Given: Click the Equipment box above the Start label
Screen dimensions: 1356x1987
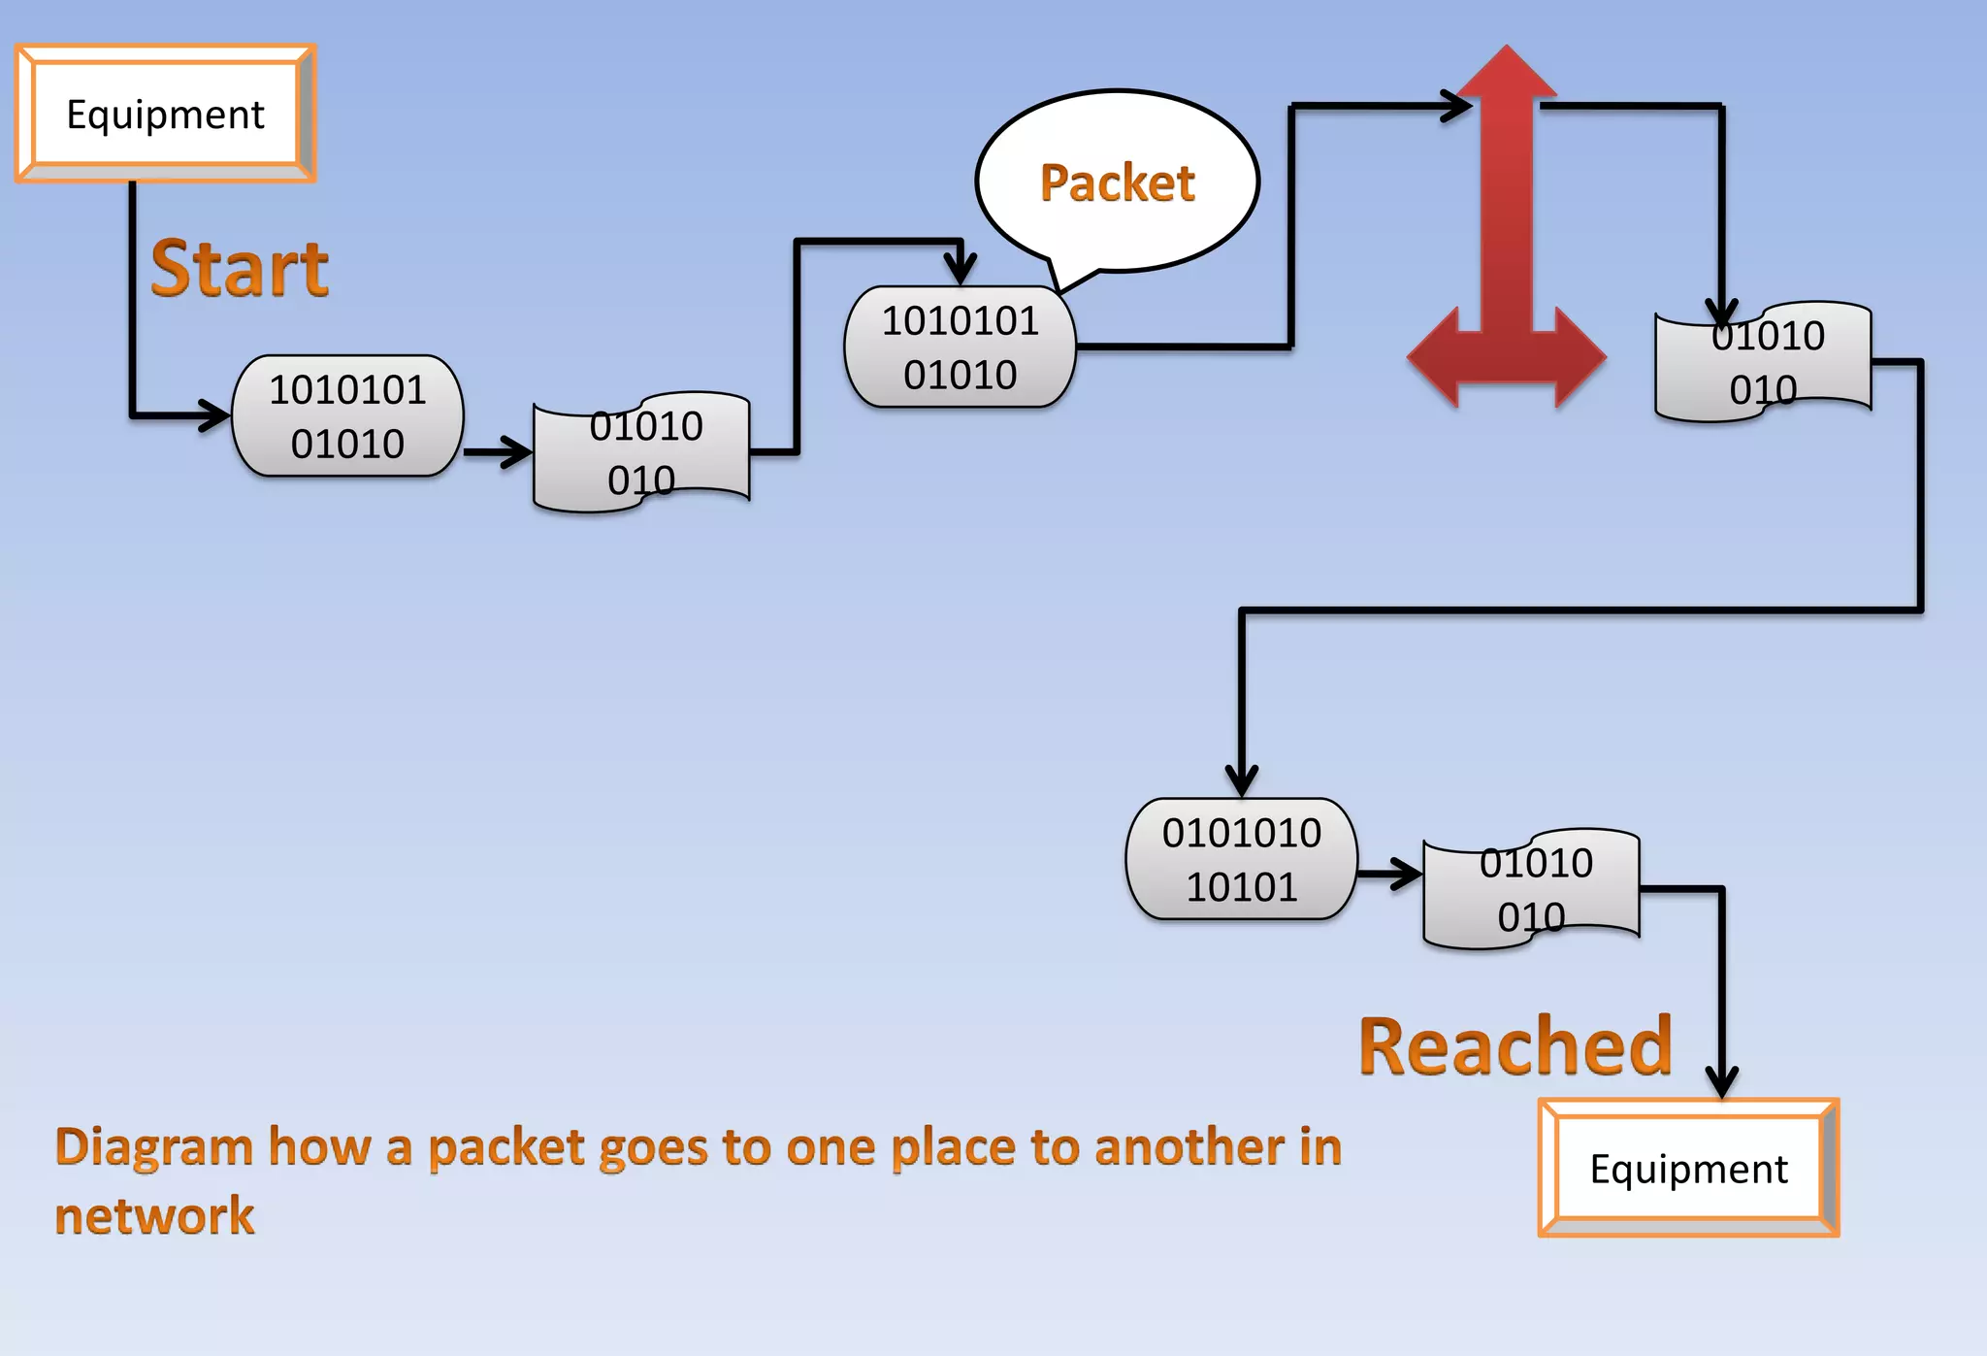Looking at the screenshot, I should [165, 114].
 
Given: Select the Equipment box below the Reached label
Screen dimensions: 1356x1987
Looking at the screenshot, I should [1688, 1168].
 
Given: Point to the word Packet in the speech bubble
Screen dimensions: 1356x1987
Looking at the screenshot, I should [1117, 182].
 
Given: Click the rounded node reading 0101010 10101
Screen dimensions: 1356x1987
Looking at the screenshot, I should [1241, 859].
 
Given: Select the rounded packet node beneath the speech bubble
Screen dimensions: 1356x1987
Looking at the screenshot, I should [960, 347].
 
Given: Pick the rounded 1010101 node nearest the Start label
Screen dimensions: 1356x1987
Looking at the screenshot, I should [347, 415].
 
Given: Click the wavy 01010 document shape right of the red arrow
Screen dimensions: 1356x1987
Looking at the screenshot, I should [1763, 362].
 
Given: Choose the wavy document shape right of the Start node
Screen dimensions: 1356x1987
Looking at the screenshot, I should [641, 452].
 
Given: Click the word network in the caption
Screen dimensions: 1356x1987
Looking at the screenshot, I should [154, 1215].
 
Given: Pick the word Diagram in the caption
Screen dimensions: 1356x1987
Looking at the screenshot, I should [153, 1146].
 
